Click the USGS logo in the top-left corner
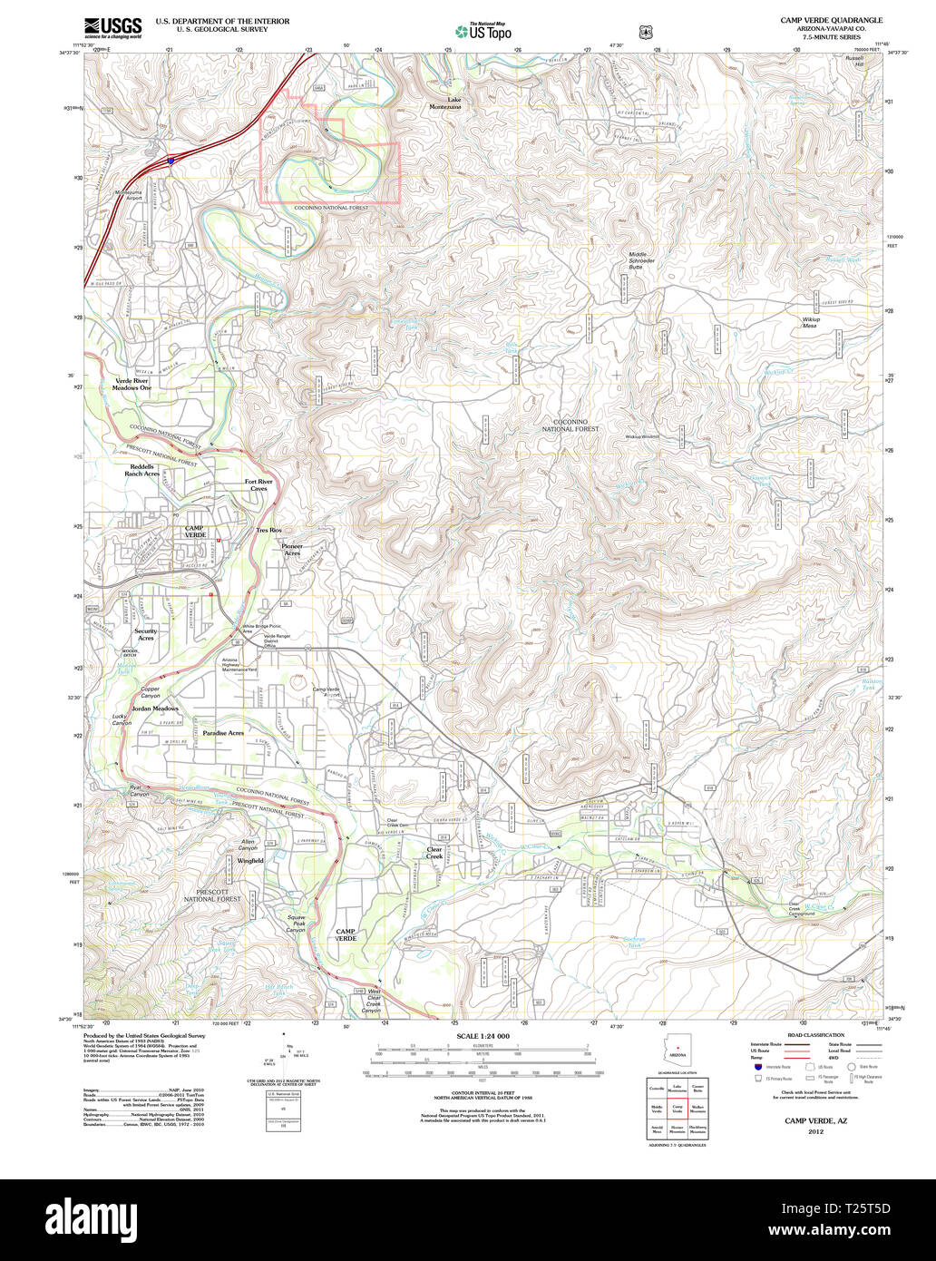point(112,26)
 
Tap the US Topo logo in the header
point(483,32)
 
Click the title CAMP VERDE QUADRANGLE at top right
point(831,19)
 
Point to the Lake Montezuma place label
point(446,103)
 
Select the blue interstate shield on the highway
point(171,161)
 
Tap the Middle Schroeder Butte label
point(642,260)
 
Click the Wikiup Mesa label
point(809,322)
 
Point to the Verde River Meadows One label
point(132,384)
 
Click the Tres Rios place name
point(268,529)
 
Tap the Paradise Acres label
point(223,732)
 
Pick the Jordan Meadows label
point(153,708)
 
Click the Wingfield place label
point(250,860)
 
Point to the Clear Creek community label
point(434,853)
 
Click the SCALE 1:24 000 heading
point(483,1035)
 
